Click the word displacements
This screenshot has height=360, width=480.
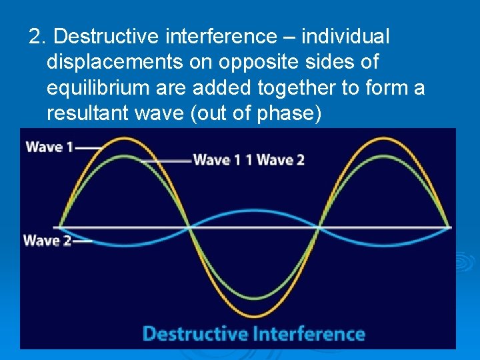pyautogui.click(x=108, y=63)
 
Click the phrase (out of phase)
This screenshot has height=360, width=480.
pyautogui.click(x=255, y=113)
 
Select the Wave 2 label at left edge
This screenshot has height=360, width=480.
pyautogui.click(x=47, y=240)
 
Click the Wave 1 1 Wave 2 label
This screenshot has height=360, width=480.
pyautogui.click(x=248, y=160)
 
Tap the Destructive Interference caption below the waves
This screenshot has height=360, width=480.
pyautogui.click(x=254, y=333)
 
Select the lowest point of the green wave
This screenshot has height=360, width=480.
pyautogui.click(x=253, y=298)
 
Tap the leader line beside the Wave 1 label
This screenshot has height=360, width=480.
pyautogui.click(x=89, y=147)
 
